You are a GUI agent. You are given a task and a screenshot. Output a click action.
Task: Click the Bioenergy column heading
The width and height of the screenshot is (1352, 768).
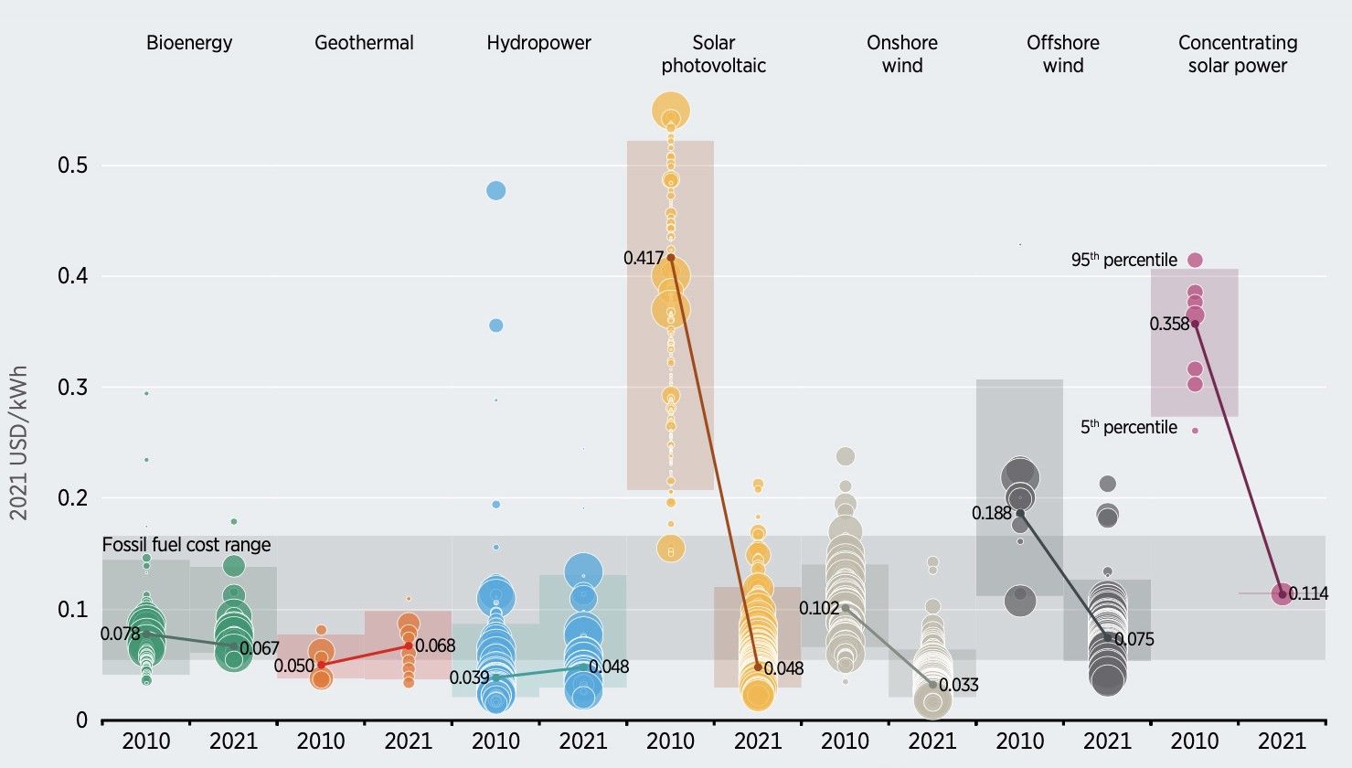189,43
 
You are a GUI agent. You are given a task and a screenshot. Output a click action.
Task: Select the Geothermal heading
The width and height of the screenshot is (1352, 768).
364,43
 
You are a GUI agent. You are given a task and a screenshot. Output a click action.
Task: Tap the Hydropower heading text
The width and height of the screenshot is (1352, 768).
538,43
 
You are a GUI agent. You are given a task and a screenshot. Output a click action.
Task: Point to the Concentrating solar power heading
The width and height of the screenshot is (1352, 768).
1238,54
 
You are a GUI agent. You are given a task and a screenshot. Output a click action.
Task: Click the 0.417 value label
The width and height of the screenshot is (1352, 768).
644,259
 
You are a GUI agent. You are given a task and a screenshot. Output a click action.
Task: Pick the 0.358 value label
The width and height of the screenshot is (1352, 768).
1169,324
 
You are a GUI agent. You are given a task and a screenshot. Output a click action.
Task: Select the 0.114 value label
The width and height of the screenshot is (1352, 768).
1309,594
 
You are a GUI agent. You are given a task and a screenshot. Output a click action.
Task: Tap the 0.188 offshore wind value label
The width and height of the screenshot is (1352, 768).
992,514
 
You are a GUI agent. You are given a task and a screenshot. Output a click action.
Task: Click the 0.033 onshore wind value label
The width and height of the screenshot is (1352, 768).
959,686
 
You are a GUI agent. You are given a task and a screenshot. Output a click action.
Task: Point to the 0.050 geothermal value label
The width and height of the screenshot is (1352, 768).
293,666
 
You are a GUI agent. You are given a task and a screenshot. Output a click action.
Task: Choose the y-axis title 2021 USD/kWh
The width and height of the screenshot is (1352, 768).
19,443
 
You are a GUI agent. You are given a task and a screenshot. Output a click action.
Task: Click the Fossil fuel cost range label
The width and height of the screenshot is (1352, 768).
186,545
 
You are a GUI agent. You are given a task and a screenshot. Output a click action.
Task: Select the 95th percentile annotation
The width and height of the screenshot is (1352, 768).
1123,261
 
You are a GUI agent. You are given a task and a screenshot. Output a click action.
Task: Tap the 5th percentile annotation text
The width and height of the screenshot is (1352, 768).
1128,428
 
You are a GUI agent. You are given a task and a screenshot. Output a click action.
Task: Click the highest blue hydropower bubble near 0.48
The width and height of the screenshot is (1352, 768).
495,190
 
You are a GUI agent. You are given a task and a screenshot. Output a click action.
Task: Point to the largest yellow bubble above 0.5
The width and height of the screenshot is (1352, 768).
671,111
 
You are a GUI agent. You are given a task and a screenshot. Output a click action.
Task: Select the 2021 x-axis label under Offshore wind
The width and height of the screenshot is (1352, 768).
1107,741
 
